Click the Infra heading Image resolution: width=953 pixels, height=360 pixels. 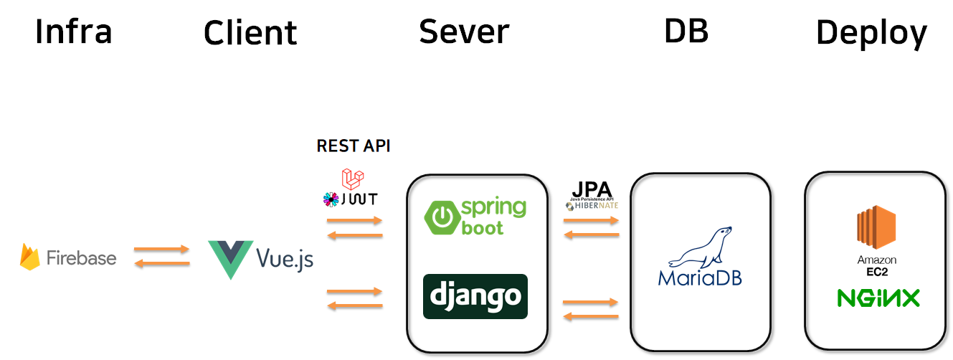73,32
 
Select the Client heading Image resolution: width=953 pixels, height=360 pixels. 250,33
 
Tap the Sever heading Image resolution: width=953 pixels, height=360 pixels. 464,32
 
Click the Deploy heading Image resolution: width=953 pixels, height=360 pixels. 871,33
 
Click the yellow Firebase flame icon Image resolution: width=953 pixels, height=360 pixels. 30,257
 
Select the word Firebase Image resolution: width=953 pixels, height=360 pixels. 81,258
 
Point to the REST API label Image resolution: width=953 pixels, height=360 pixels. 354,146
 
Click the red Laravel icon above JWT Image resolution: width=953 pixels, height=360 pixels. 353,179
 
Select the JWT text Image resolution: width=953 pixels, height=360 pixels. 359,199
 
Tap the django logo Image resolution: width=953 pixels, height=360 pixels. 475,296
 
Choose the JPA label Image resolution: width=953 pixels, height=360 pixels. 592,190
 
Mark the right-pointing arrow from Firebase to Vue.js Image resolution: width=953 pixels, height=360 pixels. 162,250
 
